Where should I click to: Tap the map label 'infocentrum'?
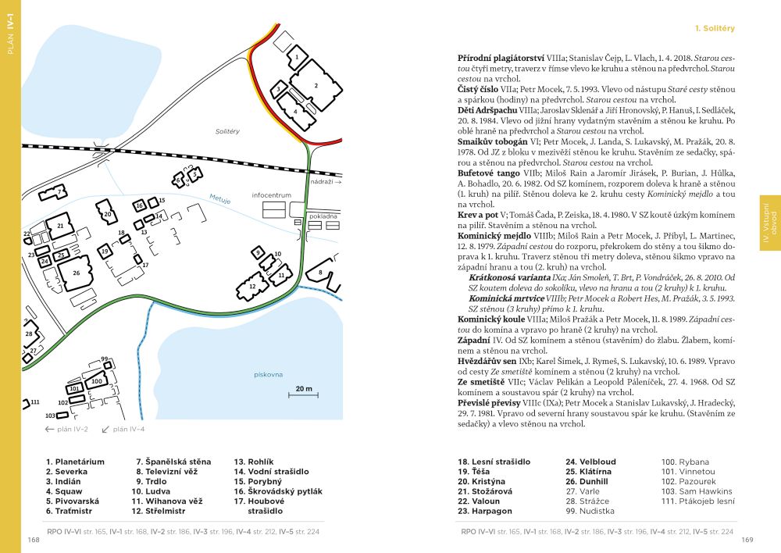coord(272,194)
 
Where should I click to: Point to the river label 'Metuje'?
coord(219,200)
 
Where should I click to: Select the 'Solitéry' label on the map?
coord(227,131)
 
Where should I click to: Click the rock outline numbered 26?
coord(76,273)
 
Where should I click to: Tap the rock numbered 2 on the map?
coord(316,85)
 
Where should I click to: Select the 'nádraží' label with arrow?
coord(326,181)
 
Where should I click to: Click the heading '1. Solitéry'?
coord(715,28)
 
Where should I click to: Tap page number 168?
coord(34,540)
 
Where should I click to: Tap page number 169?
coord(747,540)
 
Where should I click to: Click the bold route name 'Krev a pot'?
coord(476,214)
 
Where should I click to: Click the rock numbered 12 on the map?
coord(252,287)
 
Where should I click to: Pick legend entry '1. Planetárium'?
coord(75,462)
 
